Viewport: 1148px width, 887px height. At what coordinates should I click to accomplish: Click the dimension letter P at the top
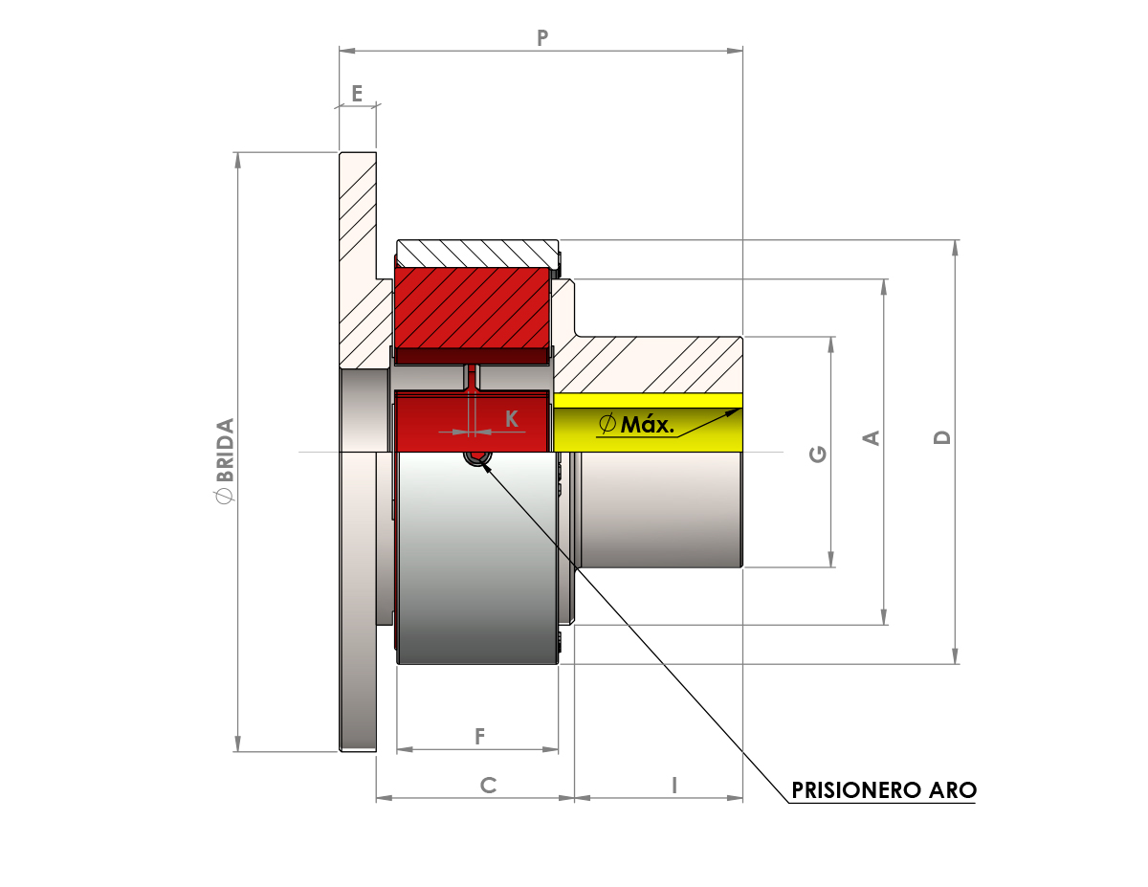(x=542, y=37)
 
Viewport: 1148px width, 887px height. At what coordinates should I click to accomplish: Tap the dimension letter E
(x=357, y=94)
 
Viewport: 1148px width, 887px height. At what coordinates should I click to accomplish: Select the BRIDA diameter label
(x=225, y=460)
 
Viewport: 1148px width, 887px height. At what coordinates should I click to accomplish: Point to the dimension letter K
(x=512, y=419)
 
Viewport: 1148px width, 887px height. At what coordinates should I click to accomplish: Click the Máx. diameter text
(x=636, y=424)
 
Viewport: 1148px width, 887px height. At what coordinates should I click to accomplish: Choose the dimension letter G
(x=818, y=455)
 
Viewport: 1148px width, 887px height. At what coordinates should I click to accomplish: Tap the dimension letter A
(x=872, y=438)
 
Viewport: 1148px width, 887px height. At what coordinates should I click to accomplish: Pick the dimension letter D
(x=942, y=437)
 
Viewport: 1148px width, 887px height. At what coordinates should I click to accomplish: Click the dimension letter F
(x=479, y=737)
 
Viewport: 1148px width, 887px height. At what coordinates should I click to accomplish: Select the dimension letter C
(x=488, y=785)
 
